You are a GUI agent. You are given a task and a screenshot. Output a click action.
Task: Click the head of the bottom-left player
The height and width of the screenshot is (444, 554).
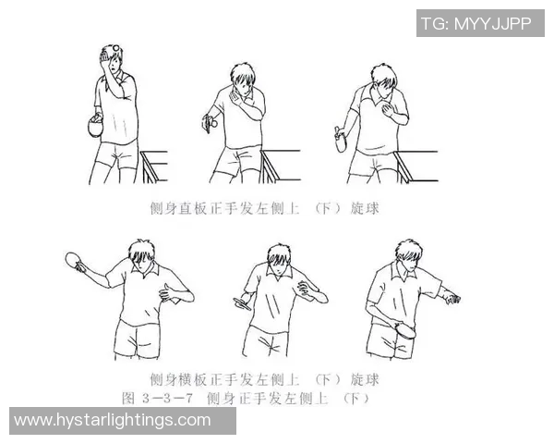click(143, 254)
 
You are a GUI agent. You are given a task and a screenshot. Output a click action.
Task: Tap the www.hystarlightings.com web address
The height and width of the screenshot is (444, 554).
click(113, 421)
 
